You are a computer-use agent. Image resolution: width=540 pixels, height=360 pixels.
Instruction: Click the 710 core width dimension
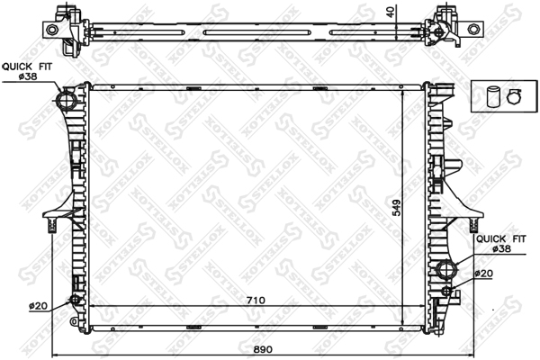(256, 300)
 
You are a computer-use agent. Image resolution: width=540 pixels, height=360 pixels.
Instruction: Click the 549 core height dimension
(397, 208)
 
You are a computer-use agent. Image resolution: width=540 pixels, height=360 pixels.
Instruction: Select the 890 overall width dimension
(263, 349)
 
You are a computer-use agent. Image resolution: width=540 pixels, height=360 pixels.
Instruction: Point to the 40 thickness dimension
(391, 13)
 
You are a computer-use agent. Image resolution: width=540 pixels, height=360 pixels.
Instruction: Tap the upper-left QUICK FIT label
(27, 67)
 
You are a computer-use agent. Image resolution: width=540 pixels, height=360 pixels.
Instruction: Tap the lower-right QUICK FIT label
(501, 238)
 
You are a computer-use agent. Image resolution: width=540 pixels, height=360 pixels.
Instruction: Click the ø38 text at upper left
(28, 76)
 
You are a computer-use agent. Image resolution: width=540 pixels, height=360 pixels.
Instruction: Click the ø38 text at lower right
(502, 248)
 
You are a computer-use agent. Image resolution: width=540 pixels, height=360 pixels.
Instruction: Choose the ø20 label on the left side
(38, 306)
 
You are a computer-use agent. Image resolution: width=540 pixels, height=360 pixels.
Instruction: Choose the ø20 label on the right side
(484, 274)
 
